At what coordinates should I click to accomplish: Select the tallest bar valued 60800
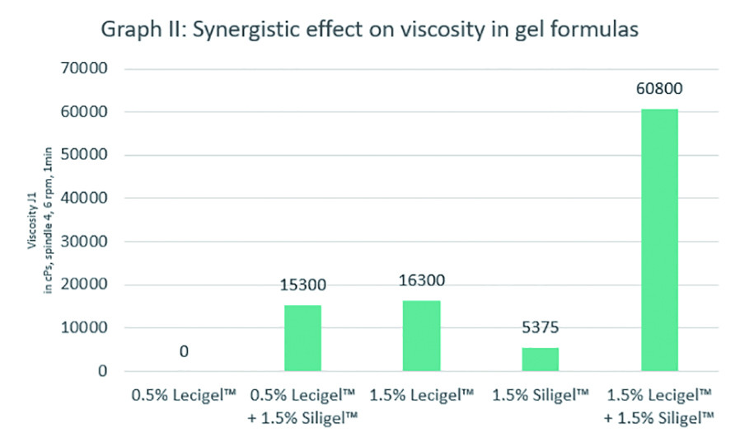tap(658, 239)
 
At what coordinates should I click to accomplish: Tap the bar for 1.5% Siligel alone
tap(540, 360)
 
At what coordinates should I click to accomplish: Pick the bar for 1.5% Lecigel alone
tap(421, 336)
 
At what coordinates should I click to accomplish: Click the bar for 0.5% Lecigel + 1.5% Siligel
tap(302, 338)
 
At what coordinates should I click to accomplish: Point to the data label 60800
tap(658, 89)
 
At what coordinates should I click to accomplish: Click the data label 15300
tap(302, 285)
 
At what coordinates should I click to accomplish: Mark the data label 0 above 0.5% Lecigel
tap(184, 352)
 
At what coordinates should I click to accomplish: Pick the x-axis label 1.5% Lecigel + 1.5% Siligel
tap(658, 407)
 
